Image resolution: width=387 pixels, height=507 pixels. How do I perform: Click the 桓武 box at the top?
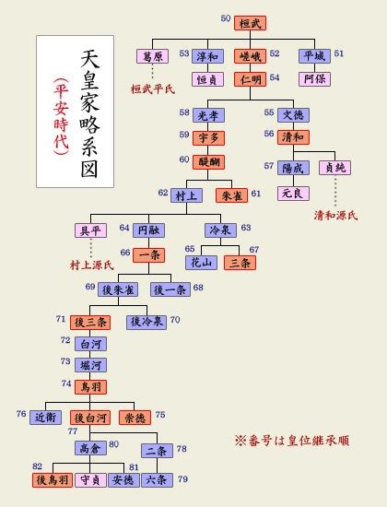(251, 23)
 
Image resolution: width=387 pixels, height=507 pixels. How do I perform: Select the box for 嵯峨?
(251, 56)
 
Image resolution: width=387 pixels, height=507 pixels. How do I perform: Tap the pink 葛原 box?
(153, 56)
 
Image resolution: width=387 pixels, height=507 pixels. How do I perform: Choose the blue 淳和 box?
(207, 56)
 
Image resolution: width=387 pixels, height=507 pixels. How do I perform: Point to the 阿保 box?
(314, 79)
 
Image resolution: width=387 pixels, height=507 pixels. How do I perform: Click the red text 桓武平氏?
(153, 89)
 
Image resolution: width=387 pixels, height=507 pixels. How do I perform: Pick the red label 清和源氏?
(335, 216)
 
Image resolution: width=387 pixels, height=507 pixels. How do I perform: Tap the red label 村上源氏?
(92, 265)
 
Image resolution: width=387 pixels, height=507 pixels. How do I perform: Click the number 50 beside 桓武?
(226, 18)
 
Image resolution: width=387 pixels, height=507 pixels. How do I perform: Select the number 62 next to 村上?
(163, 193)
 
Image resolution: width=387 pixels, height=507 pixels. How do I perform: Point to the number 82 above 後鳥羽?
(38, 466)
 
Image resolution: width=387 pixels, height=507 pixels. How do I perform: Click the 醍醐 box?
(208, 162)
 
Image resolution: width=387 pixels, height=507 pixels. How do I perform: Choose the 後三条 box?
(90, 323)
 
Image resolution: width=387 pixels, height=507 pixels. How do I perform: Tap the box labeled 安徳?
(123, 480)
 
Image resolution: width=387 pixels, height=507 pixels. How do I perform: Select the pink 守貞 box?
(90, 480)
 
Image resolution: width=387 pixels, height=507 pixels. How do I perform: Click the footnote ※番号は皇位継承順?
(292, 441)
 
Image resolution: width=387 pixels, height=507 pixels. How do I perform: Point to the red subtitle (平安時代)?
(61, 117)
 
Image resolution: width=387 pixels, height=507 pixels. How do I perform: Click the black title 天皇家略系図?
(89, 113)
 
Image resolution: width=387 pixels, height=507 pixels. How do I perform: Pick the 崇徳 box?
(135, 418)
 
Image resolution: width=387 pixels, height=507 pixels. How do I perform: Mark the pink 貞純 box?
(335, 168)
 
